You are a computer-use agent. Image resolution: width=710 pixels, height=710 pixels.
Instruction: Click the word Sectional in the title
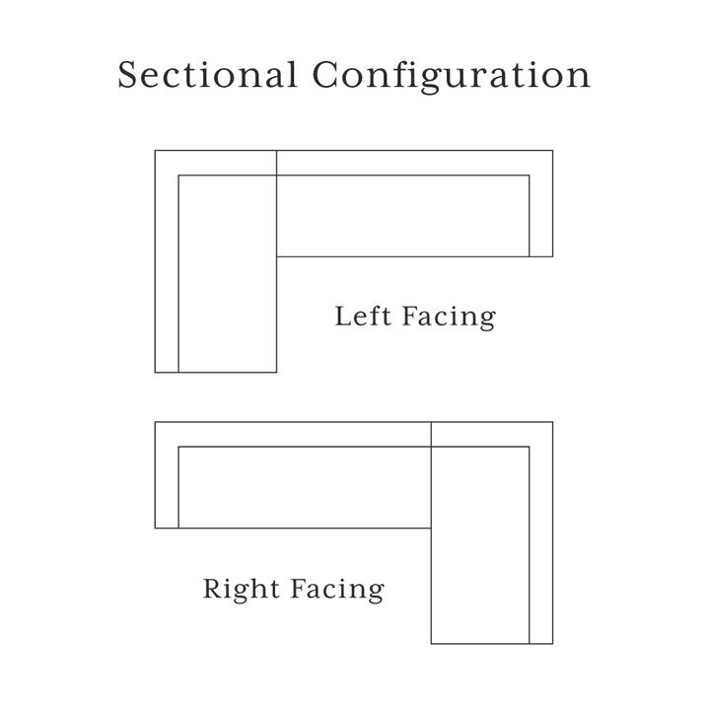click(x=207, y=75)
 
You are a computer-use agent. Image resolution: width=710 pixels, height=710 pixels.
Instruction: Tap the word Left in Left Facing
click(x=363, y=316)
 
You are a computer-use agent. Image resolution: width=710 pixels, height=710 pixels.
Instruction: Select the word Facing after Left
click(x=449, y=318)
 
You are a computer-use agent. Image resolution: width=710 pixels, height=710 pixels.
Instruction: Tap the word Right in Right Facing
click(x=241, y=590)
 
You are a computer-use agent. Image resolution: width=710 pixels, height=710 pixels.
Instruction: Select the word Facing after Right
click(x=337, y=590)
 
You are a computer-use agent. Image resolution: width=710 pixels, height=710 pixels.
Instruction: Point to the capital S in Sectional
click(x=127, y=75)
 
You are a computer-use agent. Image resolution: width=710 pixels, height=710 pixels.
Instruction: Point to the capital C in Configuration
click(x=324, y=75)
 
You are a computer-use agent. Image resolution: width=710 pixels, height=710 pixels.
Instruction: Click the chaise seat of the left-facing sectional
click(x=228, y=273)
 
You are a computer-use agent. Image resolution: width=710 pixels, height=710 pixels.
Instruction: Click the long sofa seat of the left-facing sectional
click(x=403, y=216)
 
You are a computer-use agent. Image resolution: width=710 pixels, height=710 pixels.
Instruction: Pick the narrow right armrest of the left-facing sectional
click(x=541, y=216)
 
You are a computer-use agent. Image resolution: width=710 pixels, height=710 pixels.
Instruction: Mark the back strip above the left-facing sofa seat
click(x=415, y=163)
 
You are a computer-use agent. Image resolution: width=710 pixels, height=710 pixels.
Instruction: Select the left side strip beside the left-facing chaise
click(x=167, y=273)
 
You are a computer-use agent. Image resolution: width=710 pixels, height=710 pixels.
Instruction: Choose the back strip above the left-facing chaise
click(x=216, y=163)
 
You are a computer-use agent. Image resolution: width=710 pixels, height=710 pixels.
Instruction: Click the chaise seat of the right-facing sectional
click(x=480, y=545)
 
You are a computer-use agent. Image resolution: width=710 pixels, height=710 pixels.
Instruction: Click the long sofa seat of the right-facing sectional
click(x=305, y=487)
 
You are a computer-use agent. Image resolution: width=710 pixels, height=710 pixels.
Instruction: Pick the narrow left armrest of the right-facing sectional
click(x=167, y=487)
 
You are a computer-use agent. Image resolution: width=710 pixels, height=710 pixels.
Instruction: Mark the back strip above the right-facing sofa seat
click(x=293, y=434)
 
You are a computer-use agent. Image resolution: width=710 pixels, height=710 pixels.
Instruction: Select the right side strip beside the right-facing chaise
click(x=541, y=545)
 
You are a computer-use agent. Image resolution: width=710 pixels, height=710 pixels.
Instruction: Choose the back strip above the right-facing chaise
click(x=492, y=434)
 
